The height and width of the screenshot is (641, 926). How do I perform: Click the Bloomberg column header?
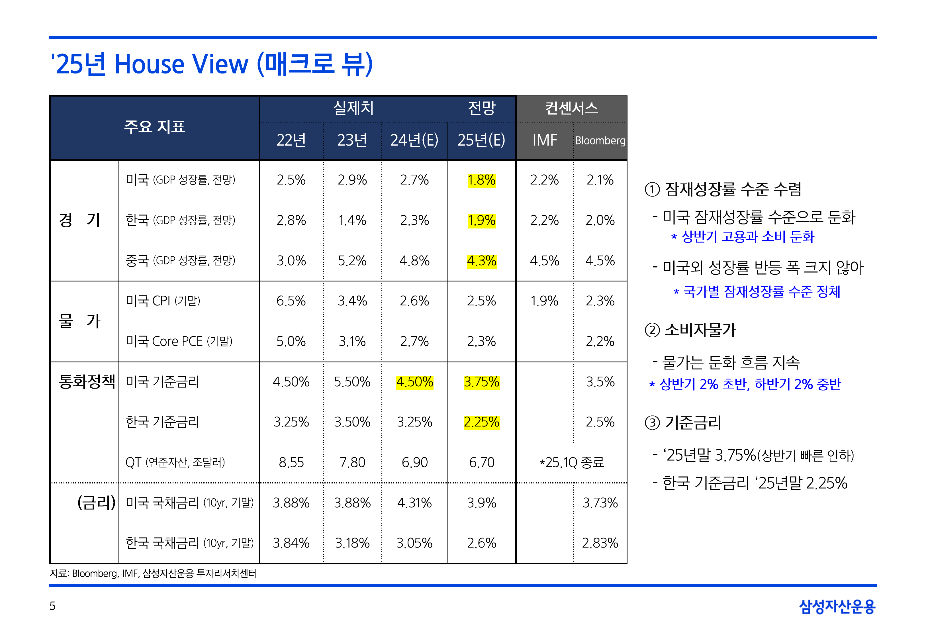tap(600, 140)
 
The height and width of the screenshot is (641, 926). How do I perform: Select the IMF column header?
tap(545, 140)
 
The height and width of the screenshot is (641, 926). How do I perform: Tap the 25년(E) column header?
tap(481, 140)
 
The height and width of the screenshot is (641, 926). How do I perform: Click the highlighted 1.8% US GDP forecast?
tap(481, 180)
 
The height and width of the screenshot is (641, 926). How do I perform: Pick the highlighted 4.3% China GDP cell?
tap(481, 261)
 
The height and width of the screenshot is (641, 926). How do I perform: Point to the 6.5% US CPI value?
tap(291, 301)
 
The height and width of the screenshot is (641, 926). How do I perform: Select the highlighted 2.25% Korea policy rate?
tap(481, 422)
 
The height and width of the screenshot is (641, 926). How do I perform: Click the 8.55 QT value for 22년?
tap(291, 462)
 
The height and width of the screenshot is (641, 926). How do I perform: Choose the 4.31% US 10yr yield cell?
tap(414, 503)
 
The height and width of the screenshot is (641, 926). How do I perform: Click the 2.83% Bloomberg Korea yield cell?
tap(600, 543)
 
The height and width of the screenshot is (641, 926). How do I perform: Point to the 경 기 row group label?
tap(79, 220)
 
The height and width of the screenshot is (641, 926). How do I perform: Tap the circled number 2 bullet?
tap(652, 330)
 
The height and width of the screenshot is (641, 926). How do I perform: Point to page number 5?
tap(53, 606)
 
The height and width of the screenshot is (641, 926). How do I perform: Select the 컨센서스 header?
tap(571, 108)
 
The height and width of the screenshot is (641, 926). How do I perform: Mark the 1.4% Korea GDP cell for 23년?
tap(352, 220)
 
